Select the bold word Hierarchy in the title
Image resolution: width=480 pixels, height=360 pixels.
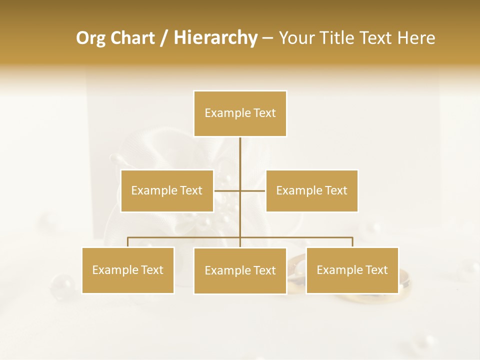(x=215, y=38)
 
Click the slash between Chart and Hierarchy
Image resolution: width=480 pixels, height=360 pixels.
(x=164, y=38)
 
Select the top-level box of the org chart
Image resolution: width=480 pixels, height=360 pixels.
(x=240, y=113)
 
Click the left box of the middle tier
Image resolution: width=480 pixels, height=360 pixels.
(x=167, y=190)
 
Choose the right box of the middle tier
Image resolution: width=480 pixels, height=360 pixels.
(x=311, y=190)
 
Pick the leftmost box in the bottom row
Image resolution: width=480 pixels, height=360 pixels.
(x=128, y=270)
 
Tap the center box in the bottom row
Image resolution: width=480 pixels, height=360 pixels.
(x=240, y=270)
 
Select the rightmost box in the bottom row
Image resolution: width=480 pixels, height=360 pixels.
(x=352, y=270)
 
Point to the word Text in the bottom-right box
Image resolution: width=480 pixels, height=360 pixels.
(x=376, y=270)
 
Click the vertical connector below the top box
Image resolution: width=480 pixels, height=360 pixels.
(x=240, y=155)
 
